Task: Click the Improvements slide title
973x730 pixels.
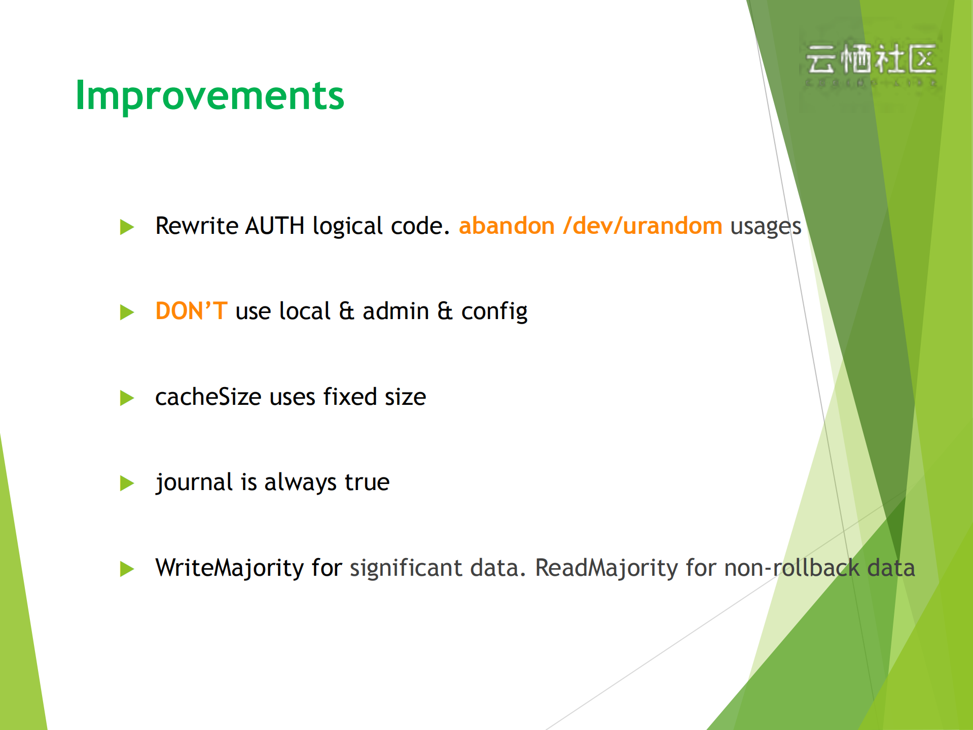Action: (209, 95)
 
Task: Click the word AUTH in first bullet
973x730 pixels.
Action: (274, 226)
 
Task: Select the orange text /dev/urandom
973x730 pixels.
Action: (642, 226)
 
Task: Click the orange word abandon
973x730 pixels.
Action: (507, 226)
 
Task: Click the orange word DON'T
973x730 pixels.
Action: (191, 311)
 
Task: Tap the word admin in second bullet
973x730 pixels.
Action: (395, 311)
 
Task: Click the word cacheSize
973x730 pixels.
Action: (208, 397)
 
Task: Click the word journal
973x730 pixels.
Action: (194, 482)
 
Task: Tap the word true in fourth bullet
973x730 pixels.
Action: (367, 482)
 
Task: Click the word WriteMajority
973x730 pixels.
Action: (229, 568)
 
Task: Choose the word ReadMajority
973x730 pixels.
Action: (606, 568)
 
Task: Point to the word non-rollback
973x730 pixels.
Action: (791, 568)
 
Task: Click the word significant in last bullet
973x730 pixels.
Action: (406, 568)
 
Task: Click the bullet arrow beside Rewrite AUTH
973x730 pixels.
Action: (127, 227)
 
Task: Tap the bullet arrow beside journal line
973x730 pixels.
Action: (127, 483)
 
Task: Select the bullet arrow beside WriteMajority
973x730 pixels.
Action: (127, 569)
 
